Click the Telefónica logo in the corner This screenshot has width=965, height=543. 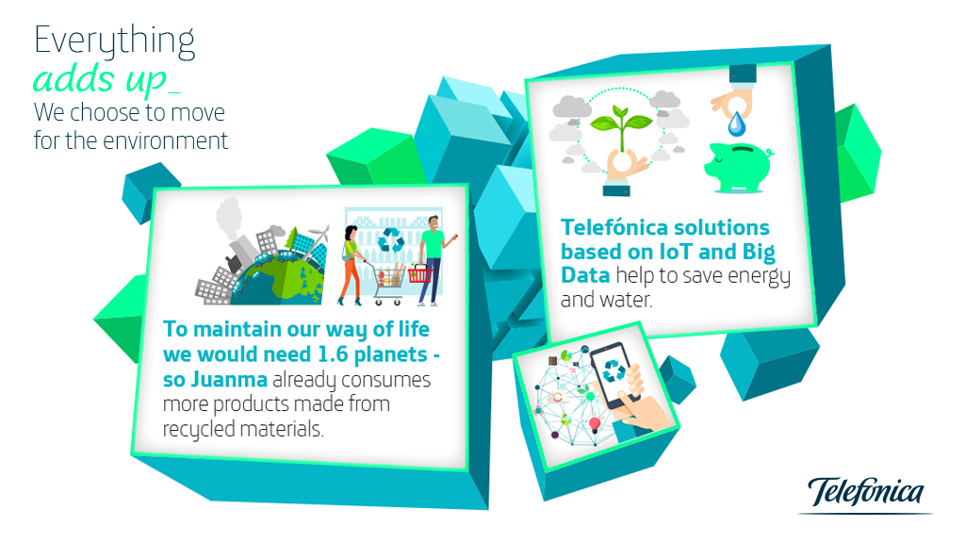[865, 494]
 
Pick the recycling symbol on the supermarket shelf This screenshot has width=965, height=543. [391, 239]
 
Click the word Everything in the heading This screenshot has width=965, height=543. [114, 41]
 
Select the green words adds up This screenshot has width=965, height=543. [100, 79]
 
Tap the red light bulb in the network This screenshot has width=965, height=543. [595, 424]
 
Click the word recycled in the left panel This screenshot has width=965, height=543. [199, 429]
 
